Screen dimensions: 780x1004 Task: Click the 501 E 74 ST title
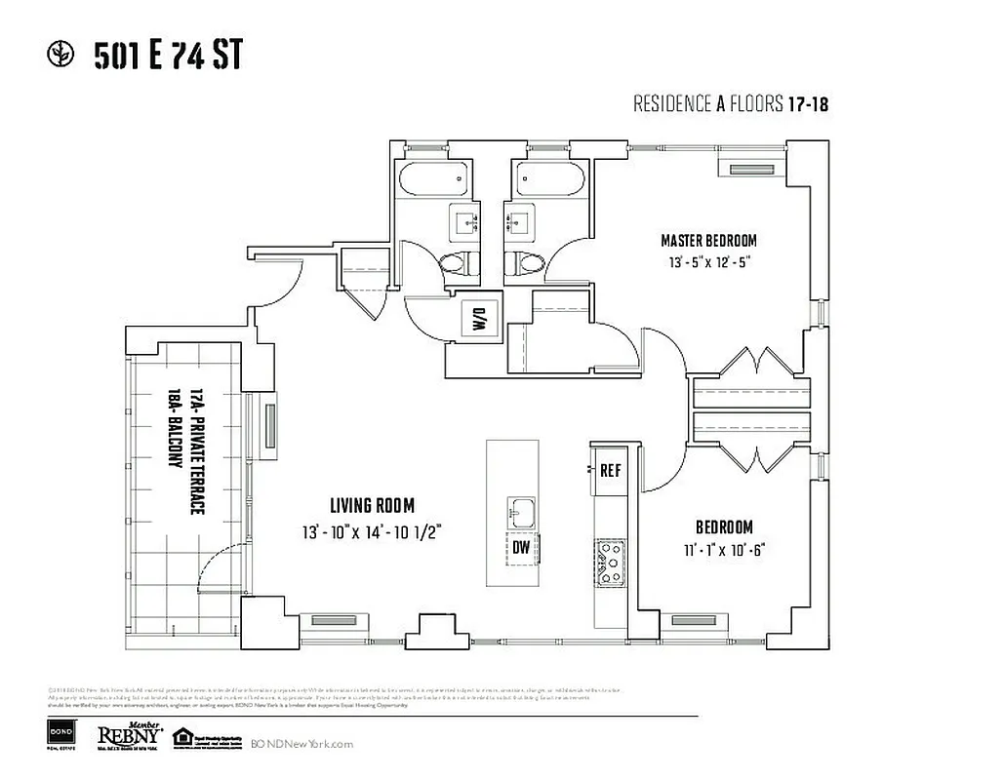tap(167, 58)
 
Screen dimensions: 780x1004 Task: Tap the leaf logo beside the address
tap(61, 56)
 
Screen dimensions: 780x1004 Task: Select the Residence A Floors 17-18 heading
tap(731, 104)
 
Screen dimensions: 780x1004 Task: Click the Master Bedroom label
tap(708, 241)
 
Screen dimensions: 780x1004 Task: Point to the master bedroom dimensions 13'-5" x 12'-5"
tap(708, 262)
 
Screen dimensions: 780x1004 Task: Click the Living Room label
tap(372, 505)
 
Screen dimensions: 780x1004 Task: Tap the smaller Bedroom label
tap(724, 526)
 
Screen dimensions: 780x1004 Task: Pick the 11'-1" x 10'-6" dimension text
tap(724, 549)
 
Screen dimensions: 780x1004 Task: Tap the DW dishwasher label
tap(522, 548)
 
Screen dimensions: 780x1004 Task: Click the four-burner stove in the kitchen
tap(612, 563)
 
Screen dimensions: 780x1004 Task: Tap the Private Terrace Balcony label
tap(186, 429)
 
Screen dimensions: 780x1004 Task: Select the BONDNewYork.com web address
tap(301, 744)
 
